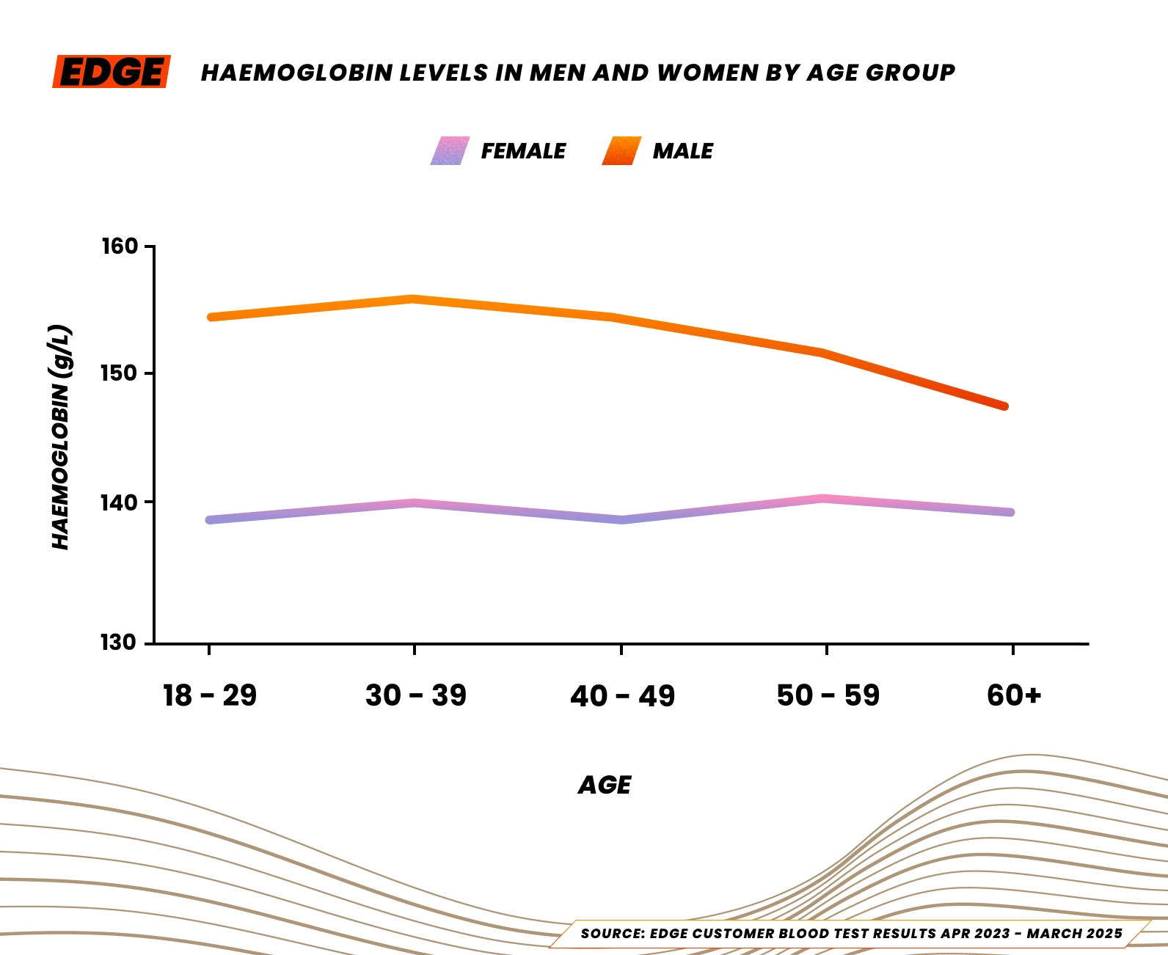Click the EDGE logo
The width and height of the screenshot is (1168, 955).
[x=112, y=72]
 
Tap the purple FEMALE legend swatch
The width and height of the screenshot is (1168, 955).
[x=450, y=151]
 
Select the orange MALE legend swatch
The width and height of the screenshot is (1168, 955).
[x=621, y=151]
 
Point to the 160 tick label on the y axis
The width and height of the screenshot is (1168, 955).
[x=120, y=246]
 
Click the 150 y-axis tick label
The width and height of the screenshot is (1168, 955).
[x=120, y=373]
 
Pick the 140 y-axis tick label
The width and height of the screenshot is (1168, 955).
[x=120, y=502]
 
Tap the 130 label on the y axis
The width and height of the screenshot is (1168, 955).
[x=120, y=643]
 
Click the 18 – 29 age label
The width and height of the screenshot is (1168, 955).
[x=210, y=695]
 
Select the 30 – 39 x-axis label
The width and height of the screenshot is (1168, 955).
[x=415, y=695]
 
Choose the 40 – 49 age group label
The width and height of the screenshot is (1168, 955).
[x=622, y=695]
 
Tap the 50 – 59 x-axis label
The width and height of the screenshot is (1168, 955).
[x=828, y=695]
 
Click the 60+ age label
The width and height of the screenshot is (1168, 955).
[x=1013, y=695]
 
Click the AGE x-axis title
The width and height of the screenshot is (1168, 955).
[x=605, y=786]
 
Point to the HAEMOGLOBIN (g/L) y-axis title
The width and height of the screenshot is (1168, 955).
[x=62, y=437]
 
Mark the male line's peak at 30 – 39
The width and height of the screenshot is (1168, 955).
[x=414, y=299]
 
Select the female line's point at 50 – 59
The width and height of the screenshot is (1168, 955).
[x=825, y=499]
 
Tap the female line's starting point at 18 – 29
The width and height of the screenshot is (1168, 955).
[x=211, y=520]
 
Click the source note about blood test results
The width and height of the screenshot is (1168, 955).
[x=851, y=934]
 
